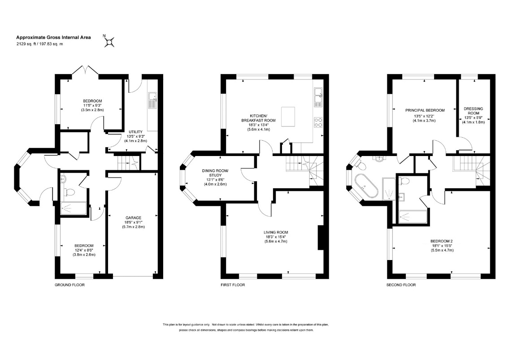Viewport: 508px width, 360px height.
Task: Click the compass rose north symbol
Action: [109, 42]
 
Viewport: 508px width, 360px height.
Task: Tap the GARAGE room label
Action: [134, 218]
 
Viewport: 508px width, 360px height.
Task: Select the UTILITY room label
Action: [136, 132]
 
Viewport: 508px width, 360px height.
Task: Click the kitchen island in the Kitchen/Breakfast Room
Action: [288, 117]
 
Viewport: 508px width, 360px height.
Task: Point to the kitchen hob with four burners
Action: [318, 122]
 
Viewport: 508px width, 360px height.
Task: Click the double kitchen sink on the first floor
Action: [318, 97]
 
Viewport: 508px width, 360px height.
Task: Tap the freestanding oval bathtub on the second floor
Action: [366, 187]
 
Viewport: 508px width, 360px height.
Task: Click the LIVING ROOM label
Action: [276, 232]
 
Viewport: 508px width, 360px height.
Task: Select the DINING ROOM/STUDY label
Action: [215, 173]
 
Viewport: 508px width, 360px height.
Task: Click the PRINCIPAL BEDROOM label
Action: [425, 110]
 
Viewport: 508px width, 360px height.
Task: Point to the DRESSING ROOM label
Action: [473, 111]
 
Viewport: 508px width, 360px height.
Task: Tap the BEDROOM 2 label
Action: [441, 241]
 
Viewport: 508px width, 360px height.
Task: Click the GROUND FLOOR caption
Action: [69, 285]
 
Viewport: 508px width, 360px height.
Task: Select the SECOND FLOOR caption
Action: [401, 285]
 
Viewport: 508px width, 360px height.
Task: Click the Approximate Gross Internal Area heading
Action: [53, 37]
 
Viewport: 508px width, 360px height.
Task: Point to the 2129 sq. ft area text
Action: [27, 44]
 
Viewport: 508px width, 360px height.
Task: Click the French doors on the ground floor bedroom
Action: [85, 71]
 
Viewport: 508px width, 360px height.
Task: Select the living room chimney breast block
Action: [321, 238]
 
